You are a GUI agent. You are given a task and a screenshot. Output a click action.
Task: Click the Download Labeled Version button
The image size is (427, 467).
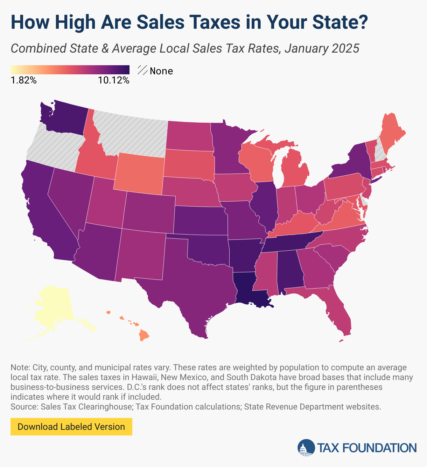pyautogui.click(x=71, y=427)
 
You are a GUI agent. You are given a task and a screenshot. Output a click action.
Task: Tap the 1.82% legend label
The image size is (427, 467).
pyautogui.click(x=23, y=80)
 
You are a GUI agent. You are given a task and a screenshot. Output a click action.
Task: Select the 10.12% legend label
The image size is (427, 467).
pyautogui.click(x=114, y=80)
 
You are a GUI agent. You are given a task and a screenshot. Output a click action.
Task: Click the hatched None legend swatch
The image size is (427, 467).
pyautogui.click(x=142, y=70)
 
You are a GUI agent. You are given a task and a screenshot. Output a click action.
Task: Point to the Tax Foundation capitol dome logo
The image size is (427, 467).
pyautogui.click(x=306, y=448)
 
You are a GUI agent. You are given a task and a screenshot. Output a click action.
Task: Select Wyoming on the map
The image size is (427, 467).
pyautogui.click(x=139, y=173)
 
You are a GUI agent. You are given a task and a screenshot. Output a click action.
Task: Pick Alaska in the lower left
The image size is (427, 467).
pyautogui.click(x=52, y=305)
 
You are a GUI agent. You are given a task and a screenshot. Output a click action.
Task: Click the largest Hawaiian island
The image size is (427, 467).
pyautogui.click(x=143, y=335)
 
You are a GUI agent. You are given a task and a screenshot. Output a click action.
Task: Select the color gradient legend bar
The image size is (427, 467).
pyautogui.click(x=70, y=70)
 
